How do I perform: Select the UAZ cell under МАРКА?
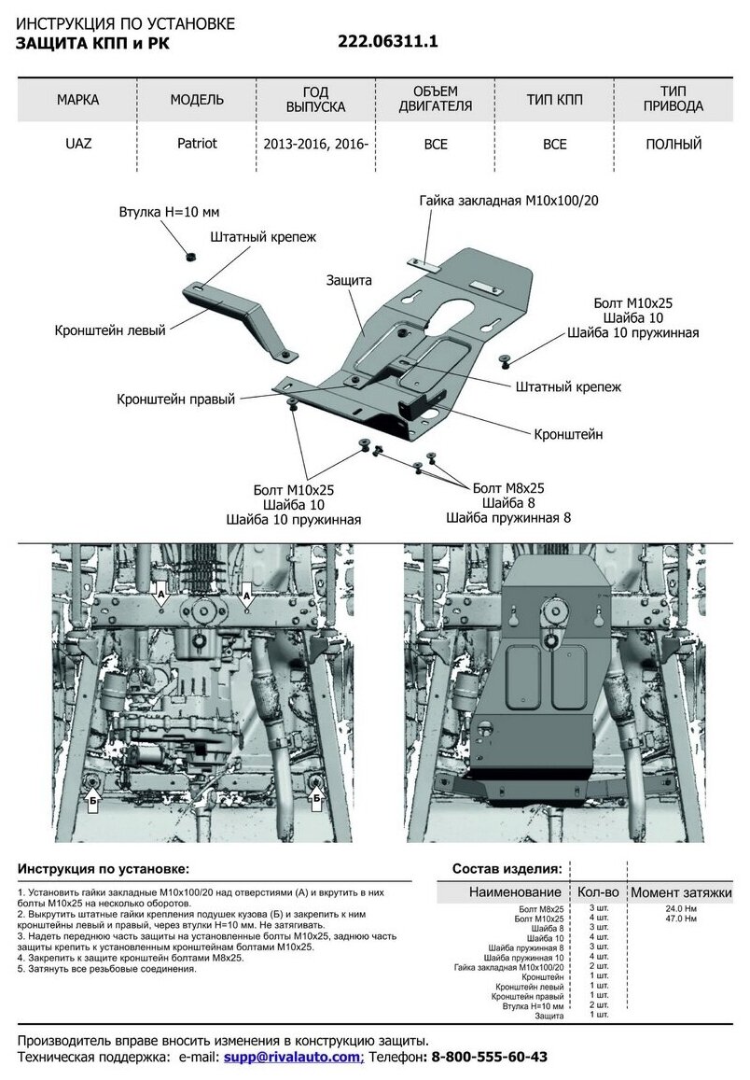click(x=77, y=145)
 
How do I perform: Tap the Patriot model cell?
click(x=197, y=145)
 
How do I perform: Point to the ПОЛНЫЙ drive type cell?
click(x=674, y=145)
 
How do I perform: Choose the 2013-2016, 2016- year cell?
click(x=316, y=145)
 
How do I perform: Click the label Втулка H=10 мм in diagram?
click(x=169, y=212)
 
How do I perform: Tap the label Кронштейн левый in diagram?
click(x=110, y=330)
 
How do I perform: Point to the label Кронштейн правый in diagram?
click(x=176, y=399)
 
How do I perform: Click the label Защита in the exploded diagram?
click(x=349, y=280)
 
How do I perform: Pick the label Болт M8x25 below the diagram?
click(x=508, y=488)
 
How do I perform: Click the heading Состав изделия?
click(x=507, y=868)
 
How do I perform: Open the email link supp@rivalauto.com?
click(x=293, y=1057)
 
